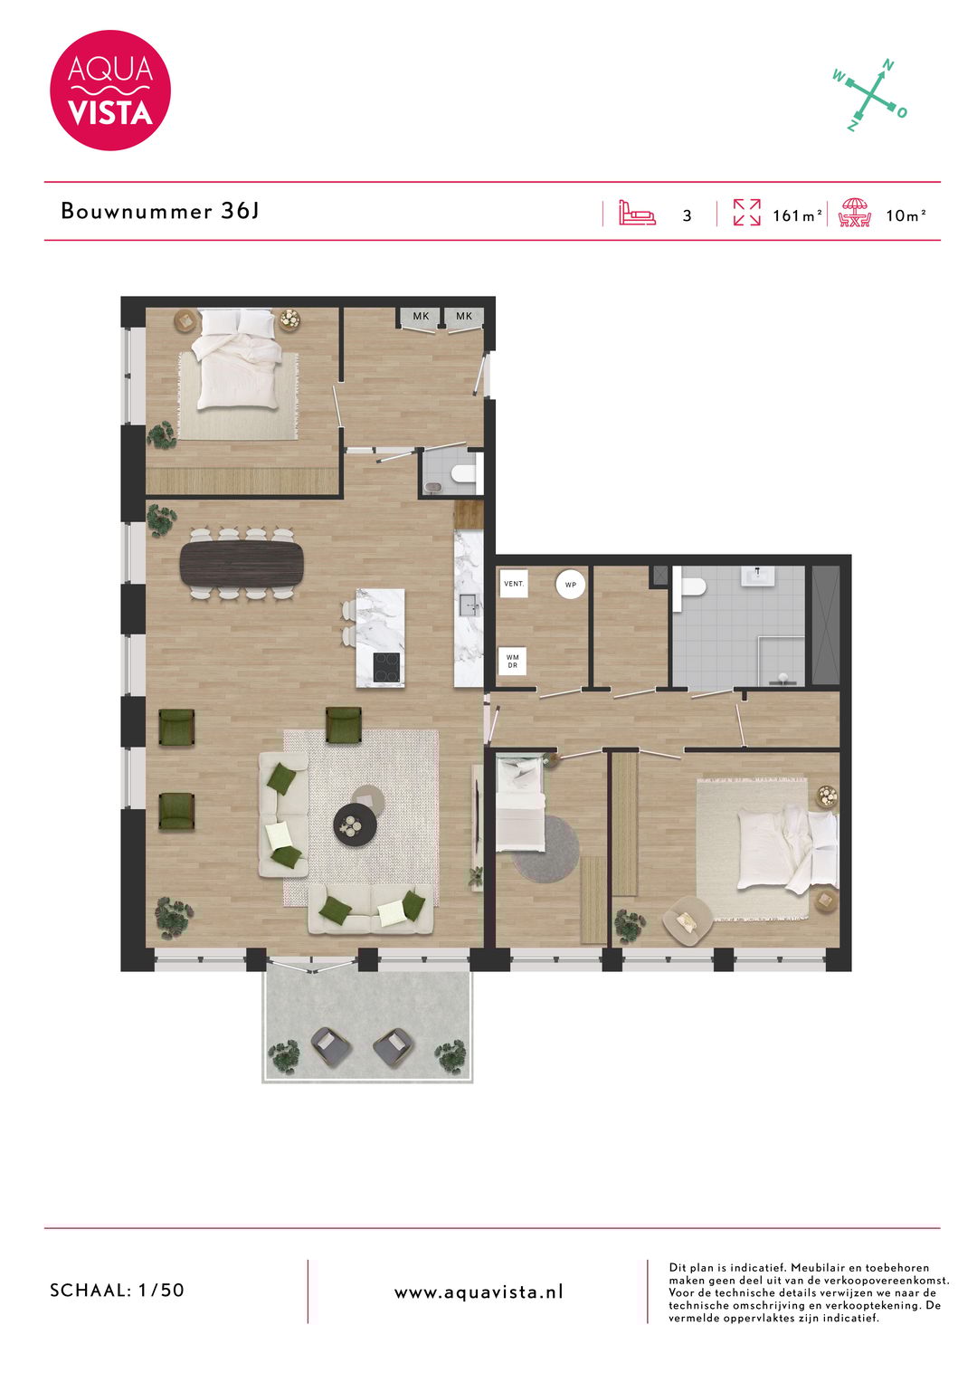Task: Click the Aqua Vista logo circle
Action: coord(110,91)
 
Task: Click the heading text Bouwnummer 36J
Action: coord(160,212)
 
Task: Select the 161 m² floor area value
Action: coord(797,215)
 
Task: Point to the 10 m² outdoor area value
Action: coord(906,215)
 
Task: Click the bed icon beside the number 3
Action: coord(637,214)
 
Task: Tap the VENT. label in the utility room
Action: coord(513,584)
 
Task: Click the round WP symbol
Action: coord(571,585)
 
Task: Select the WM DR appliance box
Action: coord(513,662)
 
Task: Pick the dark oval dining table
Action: coord(242,564)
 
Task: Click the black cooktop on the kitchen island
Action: coord(387,667)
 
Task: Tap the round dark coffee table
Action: coord(353,824)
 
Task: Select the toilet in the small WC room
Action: coord(464,472)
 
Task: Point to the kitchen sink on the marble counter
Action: coord(469,605)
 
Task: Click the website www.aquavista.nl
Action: coord(479,1292)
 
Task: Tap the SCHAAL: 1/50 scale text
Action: coord(117,1291)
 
